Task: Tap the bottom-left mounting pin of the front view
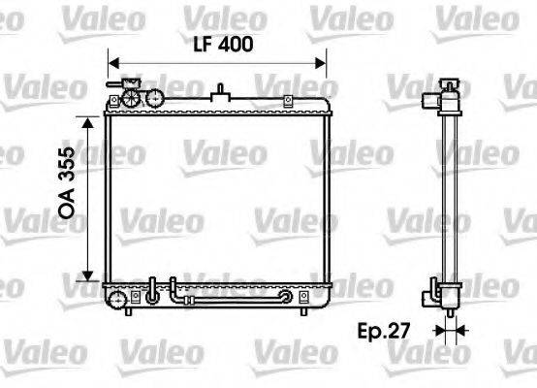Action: (127, 313)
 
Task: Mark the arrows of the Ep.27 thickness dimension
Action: (449, 331)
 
